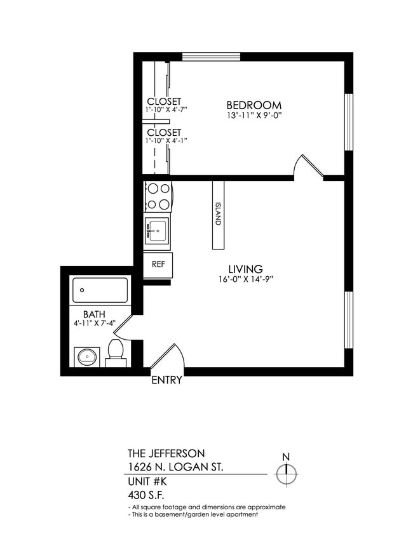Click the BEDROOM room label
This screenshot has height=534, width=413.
coord(254,105)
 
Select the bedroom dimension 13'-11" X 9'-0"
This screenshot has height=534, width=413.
coord(254,116)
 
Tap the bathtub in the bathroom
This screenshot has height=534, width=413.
coord(99,290)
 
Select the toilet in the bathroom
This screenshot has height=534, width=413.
coord(116,352)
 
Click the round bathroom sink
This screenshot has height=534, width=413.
coord(86,357)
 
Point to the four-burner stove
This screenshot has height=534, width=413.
coord(158,196)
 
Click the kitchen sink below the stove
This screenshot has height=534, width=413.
coord(156,230)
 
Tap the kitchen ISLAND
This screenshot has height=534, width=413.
coord(218,215)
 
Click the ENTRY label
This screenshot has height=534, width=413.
coord(166,381)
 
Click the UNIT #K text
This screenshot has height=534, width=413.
coord(147,481)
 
